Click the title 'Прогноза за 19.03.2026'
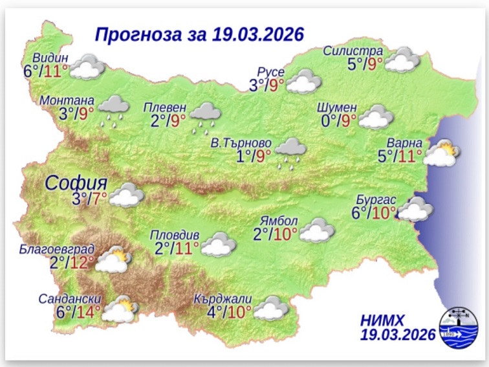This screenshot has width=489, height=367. point(199,34)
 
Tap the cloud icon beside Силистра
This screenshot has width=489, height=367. point(403,60)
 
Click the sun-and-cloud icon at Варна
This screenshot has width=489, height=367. point(442,155)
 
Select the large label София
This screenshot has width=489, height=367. point(76,183)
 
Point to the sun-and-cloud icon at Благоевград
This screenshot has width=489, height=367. point(114,260)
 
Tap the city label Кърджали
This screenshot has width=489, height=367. point(223,300)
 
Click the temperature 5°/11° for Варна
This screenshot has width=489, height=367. point(400,156)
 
